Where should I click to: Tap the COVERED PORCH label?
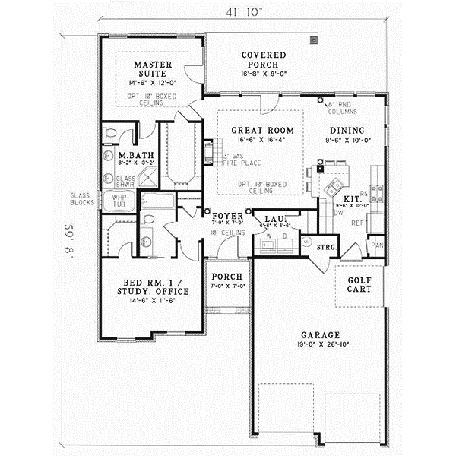[264, 60]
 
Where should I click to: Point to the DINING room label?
[347, 130]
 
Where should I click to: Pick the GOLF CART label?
[359, 285]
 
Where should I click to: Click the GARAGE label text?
[318, 334]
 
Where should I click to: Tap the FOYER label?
[227, 216]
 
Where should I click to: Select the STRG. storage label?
[327, 248]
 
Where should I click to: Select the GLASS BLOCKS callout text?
[84, 198]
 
